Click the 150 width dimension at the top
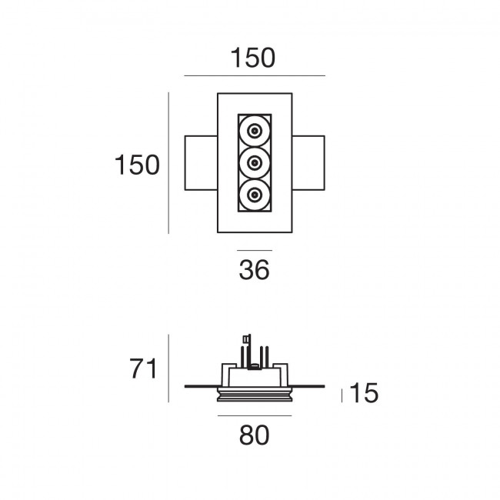[252, 58]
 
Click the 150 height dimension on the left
[137, 165]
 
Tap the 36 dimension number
[254, 270]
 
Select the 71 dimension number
[143, 368]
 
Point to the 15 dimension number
[364, 392]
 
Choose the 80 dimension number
[254, 435]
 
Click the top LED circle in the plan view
[255, 131]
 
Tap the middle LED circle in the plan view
[255, 163]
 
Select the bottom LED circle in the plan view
[255, 195]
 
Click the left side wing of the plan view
[201, 163]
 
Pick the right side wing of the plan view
[308, 163]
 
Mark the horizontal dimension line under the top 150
[255, 76]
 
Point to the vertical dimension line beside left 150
[168, 163]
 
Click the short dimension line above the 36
[255, 251]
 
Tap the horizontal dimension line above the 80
[255, 415]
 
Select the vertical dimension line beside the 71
[168, 368]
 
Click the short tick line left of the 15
[342, 395]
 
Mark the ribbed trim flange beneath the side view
[255, 395]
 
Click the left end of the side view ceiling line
[185, 386]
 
